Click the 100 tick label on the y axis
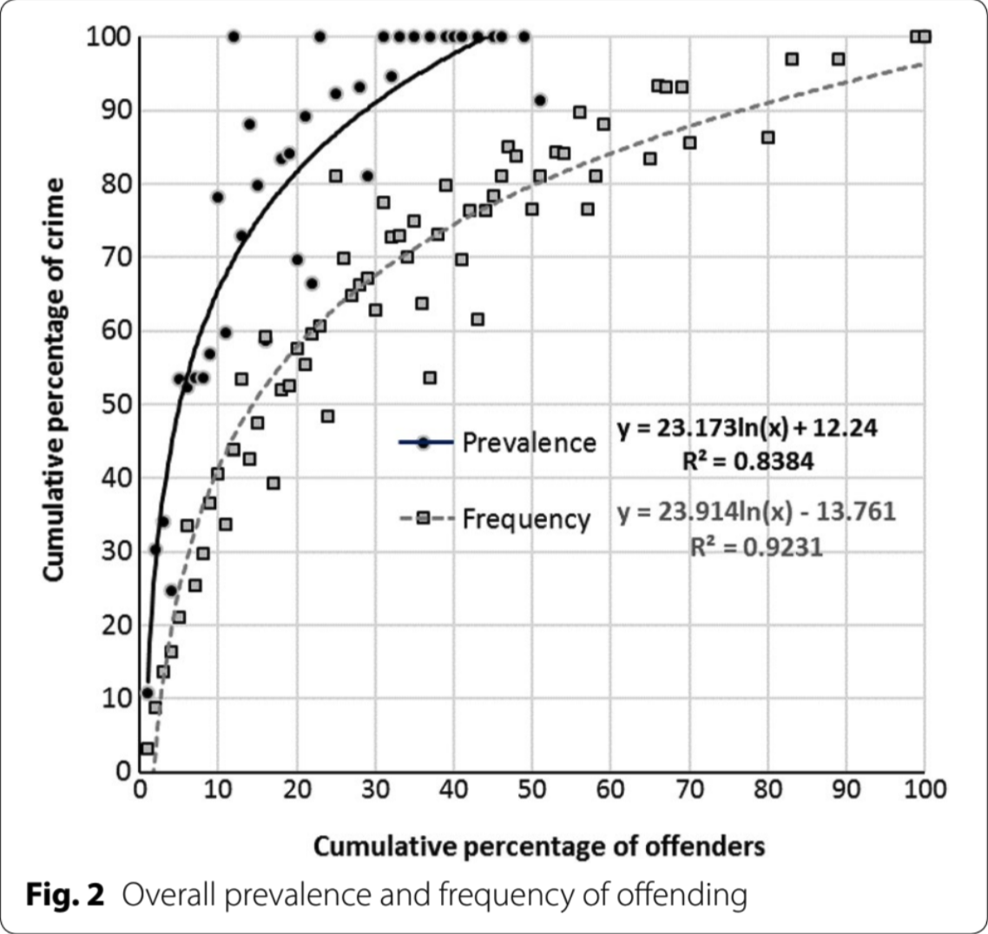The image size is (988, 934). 108,37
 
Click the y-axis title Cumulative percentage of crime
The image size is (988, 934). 53,382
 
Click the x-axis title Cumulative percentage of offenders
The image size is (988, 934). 539,845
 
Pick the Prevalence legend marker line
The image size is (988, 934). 425,443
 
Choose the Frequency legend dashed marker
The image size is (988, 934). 425,518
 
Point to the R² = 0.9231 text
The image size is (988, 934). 756,547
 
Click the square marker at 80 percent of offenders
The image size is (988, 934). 767,137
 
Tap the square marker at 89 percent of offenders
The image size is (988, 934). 838,59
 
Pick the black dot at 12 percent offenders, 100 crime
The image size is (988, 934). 234,36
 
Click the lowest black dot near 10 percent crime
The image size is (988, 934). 148,693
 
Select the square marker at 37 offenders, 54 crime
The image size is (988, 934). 430,378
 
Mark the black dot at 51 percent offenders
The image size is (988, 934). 540,101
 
